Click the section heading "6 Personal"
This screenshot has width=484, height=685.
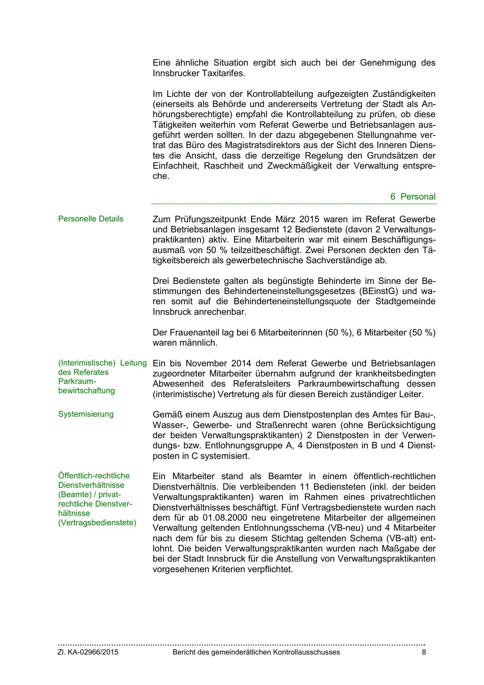[x=413, y=196]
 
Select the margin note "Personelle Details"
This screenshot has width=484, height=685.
[x=90, y=219]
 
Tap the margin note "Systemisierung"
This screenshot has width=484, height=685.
[x=86, y=414]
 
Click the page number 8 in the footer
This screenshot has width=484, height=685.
[x=424, y=652]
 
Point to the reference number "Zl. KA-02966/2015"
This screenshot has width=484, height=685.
[x=88, y=652]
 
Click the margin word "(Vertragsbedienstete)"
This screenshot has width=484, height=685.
[x=97, y=523]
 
